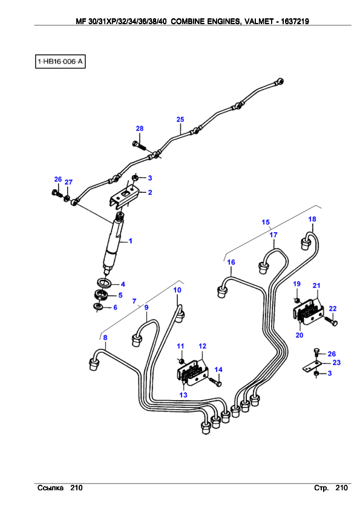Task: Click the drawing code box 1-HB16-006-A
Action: pyautogui.click(x=60, y=61)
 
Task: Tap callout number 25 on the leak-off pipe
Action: pyautogui.click(x=180, y=120)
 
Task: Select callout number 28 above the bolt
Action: pyautogui.click(x=140, y=129)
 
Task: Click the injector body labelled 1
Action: pyautogui.click(x=113, y=242)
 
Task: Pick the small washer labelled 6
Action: pyautogui.click(x=97, y=306)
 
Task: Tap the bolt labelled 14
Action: pyautogui.click(x=215, y=382)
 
